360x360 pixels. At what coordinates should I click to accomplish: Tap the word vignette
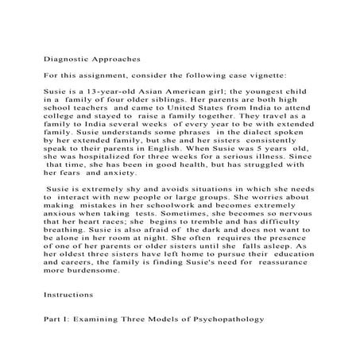click(x=259, y=75)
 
